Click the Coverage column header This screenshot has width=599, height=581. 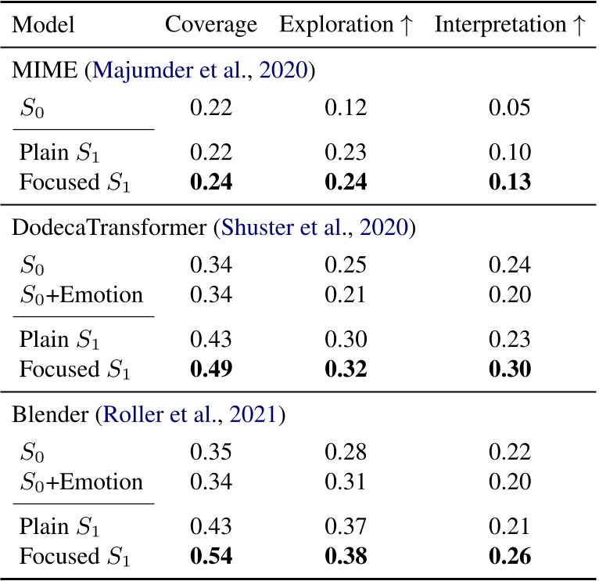click(x=210, y=25)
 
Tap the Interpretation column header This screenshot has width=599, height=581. click(x=509, y=25)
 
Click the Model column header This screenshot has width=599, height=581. click(x=44, y=25)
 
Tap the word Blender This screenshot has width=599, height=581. click(x=45, y=414)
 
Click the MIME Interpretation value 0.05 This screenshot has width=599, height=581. click(x=510, y=106)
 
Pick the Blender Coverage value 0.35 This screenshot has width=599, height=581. click(x=212, y=449)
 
